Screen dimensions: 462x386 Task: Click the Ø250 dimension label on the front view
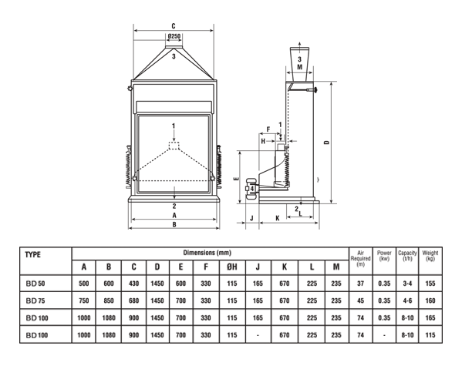coord(174,36)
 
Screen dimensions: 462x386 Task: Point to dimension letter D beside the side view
coord(326,142)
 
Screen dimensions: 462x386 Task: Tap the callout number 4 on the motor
coord(252,188)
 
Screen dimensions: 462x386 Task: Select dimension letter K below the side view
coord(277,218)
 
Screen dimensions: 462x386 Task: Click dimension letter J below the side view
coord(251,218)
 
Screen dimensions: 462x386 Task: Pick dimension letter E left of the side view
coord(236,179)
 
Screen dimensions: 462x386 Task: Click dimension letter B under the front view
coord(174,225)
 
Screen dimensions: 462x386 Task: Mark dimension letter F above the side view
coord(268,129)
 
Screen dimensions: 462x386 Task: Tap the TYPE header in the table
coord(32,255)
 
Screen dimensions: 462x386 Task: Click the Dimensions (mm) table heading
coord(207,253)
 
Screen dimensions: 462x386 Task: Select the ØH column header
coord(232,267)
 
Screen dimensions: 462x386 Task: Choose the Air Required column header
coord(360,259)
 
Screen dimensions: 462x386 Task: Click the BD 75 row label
coord(35,300)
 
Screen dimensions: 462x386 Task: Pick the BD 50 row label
coord(35,284)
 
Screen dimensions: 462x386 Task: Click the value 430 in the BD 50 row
coord(133,284)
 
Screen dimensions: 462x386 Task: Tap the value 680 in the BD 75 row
coord(133,300)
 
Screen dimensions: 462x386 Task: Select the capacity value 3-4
coord(407,284)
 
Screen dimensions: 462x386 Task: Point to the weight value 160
coord(430,300)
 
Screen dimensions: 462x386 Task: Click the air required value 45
coord(360,300)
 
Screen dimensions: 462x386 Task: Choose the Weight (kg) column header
coord(430,256)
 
